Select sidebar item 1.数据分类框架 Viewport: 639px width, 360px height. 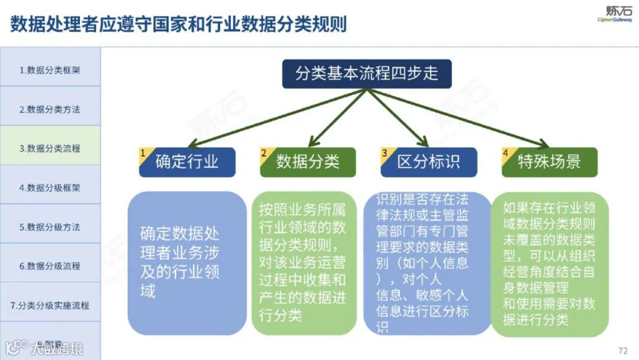[50, 70]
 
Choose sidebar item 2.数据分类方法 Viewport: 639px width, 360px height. [50, 109]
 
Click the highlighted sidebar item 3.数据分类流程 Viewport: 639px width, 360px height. [50, 149]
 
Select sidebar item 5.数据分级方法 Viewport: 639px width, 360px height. [50, 227]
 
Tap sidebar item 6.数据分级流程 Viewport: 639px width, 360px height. [50, 266]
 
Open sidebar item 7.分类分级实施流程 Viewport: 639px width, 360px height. [50, 306]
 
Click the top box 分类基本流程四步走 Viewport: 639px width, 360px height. [367, 74]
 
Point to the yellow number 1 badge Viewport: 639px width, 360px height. [143, 153]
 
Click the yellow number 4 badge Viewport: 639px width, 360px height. [506, 153]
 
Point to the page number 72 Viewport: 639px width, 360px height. [622, 350]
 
